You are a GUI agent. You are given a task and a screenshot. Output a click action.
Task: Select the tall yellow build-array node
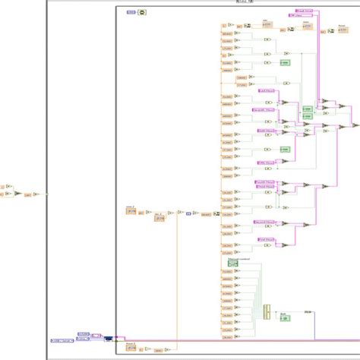pyautogui.click(x=267, y=311)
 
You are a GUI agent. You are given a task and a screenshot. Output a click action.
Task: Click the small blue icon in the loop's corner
pyautogui.click(x=130, y=13)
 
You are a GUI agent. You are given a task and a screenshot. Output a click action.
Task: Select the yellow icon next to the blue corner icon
pyautogui.click(x=141, y=13)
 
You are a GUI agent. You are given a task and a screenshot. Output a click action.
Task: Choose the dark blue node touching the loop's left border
pyautogui.click(x=109, y=339)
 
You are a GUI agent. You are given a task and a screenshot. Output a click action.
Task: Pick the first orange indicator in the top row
pyautogui.click(x=267, y=24)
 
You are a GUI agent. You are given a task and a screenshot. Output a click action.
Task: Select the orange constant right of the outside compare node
pyautogui.click(x=27, y=194)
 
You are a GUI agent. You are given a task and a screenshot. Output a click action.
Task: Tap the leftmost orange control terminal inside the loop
pyautogui.click(x=130, y=210)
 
